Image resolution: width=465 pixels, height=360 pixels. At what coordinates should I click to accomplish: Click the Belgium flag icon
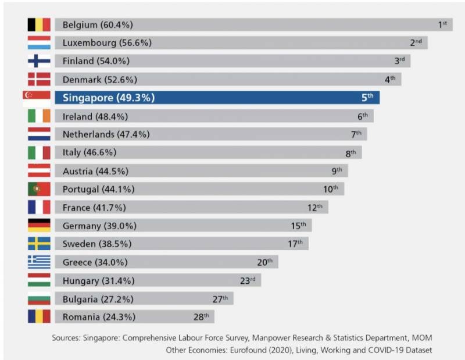point(39,24)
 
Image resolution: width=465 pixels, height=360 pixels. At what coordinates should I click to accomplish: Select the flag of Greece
point(39,262)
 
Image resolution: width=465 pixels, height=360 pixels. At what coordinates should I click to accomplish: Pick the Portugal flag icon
point(39,190)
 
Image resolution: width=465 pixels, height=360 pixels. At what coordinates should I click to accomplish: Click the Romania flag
point(39,317)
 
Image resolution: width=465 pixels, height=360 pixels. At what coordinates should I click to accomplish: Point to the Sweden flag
point(39,244)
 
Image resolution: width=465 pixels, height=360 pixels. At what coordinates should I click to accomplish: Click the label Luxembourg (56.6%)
point(98,43)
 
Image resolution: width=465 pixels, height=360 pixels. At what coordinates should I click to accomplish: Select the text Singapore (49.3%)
point(108,98)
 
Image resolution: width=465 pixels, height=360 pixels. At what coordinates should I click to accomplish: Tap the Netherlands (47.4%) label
point(106,134)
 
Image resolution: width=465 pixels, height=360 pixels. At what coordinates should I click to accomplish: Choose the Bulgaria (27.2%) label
point(97,299)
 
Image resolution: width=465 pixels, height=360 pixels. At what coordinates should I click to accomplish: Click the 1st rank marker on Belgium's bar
point(442,24)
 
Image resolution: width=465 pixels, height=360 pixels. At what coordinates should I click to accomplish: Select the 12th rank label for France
point(314,207)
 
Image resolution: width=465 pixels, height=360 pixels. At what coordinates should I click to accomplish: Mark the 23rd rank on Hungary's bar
point(248,280)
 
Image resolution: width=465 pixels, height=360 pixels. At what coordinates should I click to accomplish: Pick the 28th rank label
point(201,317)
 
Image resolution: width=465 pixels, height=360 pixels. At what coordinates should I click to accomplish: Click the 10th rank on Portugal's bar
point(330,189)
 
